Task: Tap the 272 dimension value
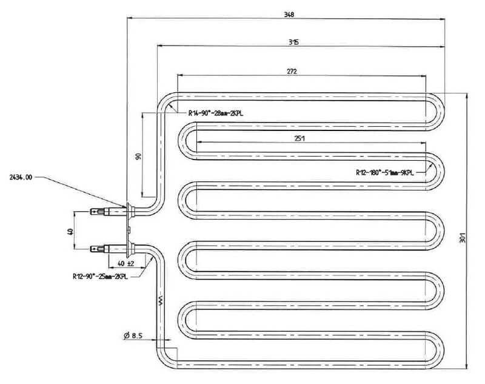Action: [292, 71]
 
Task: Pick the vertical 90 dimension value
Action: [138, 156]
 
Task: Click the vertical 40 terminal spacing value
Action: [70, 231]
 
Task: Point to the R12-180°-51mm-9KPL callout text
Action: [386, 172]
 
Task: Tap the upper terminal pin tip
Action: [92, 212]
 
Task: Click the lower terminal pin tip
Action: [92, 248]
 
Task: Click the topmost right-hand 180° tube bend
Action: [438, 109]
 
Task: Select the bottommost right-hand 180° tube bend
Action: [438, 346]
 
